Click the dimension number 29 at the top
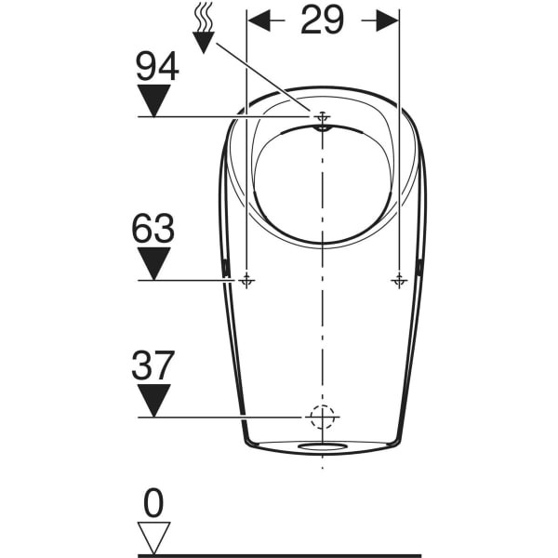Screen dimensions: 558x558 click(x=322, y=20)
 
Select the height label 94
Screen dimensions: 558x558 click(x=157, y=66)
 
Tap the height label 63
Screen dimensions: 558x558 click(x=153, y=228)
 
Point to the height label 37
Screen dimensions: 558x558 click(x=153, y=365)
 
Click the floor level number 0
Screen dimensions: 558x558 click(x=153, y=503)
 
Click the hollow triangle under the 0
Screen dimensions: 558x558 click(x=154, y=538)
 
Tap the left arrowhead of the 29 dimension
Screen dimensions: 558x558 click(x=259, y=20)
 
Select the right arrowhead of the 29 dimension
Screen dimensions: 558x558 click(x=387, y=20)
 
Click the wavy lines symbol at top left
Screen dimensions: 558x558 click(x=203, y=17)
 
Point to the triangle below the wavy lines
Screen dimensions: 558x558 click(x=203, y=42)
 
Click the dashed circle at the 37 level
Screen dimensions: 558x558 click(x=323, y=417)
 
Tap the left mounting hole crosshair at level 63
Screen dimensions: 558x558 click(x=246, y=281)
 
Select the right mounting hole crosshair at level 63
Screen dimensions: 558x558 click(x=399, y=281)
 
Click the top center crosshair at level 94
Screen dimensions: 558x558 click(x=323, y=117)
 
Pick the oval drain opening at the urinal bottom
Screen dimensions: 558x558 click(x=323, y=446)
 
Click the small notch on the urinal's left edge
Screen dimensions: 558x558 click(x=225, y=269)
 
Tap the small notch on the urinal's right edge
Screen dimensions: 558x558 click(x=420, y=268)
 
